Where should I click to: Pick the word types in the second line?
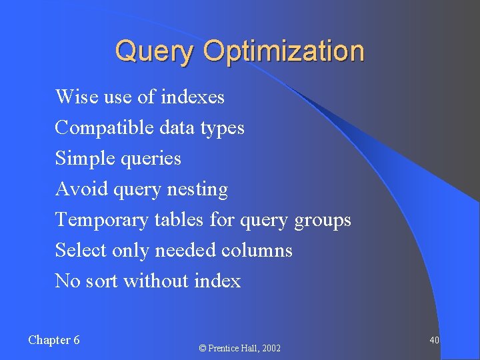tap(222, 127)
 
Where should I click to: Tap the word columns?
tap(257, 250)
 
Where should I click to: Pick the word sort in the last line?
tap(102, 281)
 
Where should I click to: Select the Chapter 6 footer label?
tap(54, 340)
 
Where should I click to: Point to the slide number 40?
tap(434, 340)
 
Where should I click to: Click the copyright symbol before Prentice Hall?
tap(203, 348)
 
